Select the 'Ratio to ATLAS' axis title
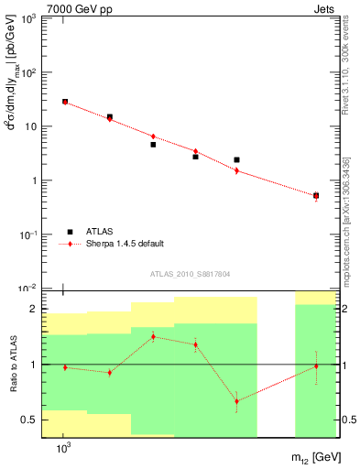tap(13, 365)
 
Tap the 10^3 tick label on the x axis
tap(64, 449)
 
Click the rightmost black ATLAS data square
tap(316, 195)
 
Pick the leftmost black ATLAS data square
tap(65, 102)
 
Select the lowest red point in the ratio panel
tap(236, 401)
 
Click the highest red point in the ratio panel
tap(153, 337)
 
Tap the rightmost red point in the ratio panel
tap(316, 366)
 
